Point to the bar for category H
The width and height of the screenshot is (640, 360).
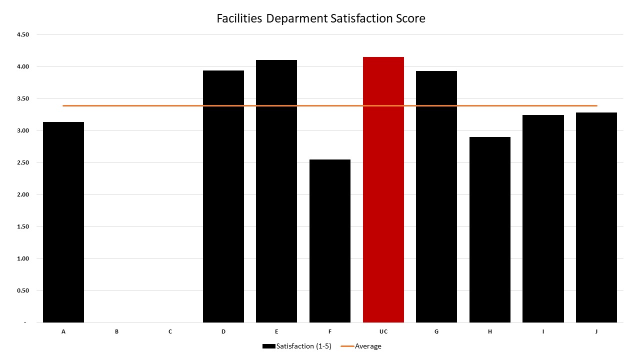(490, 230)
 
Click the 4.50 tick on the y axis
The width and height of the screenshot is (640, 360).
(23, 34)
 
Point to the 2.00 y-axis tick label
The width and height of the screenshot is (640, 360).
(23, 194)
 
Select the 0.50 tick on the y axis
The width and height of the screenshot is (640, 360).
(23, 290)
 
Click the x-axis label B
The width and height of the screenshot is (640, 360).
(116, 331)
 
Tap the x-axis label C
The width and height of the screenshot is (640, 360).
(170, 331)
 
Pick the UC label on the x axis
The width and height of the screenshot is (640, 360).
(383, 331)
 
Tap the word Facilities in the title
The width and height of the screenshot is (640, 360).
(239, 18)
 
